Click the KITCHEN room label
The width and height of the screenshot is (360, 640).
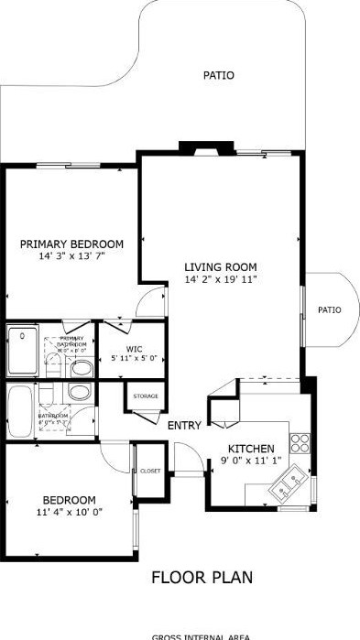coord(251,448)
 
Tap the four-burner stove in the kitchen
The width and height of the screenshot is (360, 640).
coord(299,443)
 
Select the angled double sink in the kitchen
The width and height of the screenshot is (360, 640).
coord(289,482)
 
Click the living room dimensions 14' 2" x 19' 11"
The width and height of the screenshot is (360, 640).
coord(220,279)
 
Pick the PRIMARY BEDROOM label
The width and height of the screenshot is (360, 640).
coord(71,244)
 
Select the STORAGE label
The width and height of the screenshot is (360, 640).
coord(146,396)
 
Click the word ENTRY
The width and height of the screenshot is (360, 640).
coord(184,426)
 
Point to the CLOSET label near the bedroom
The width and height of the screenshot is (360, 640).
coord(149,471)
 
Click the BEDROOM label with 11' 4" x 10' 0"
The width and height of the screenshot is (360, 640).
coord(69,499)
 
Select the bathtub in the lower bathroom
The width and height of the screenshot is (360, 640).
coord(20,410)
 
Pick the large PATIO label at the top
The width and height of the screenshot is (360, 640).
coord(218,75)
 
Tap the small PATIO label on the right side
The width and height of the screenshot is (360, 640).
coord(329,310)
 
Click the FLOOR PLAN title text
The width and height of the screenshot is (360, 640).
coord(201,578)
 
